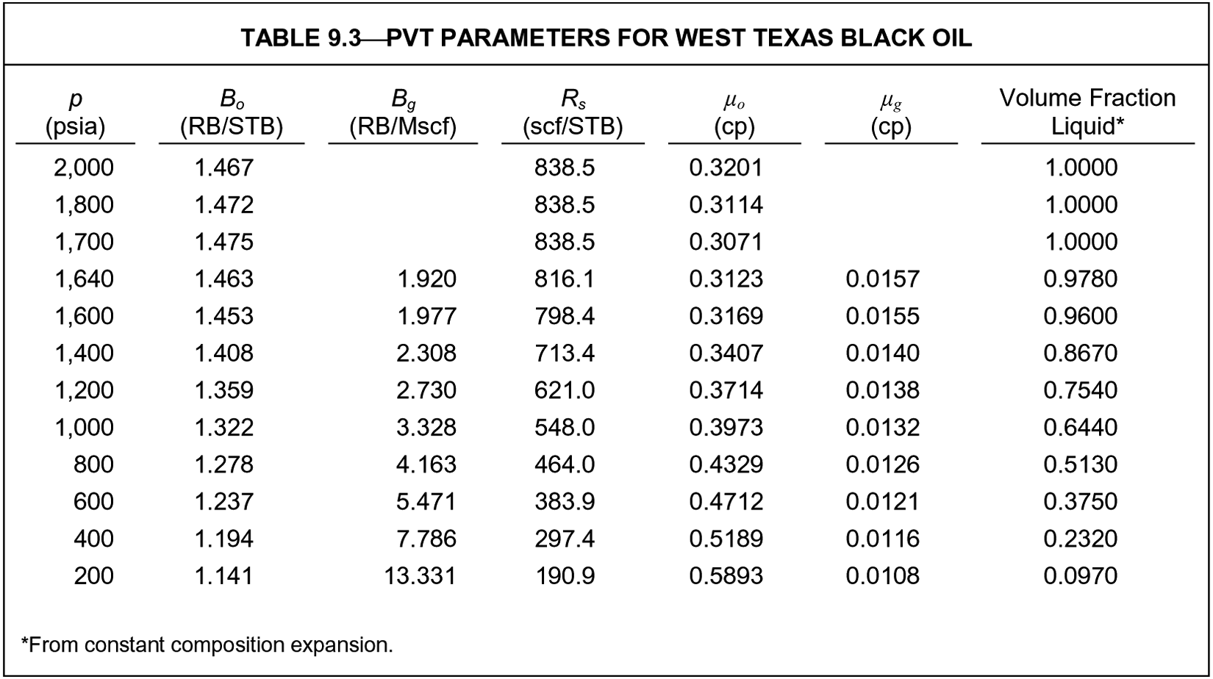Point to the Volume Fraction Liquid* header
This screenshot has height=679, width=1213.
[1087, 112]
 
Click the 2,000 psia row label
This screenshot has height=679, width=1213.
[84, 168]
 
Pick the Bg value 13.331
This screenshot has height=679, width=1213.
[420, 575]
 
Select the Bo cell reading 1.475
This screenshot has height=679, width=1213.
[224, 242]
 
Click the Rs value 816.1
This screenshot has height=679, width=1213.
[565, 279]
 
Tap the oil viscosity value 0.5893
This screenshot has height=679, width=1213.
[726, 575]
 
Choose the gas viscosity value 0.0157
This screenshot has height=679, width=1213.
[882, 279]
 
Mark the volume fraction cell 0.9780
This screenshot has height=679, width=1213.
[1080, 279]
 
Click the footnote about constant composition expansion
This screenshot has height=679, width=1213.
[207, 644]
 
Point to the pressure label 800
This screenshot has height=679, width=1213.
[93, 464]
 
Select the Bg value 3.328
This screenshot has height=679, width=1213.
[426, 427]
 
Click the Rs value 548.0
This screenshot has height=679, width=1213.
[565, 427]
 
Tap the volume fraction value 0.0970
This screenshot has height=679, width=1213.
[1080, 575]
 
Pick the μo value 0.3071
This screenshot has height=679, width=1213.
[726, 242]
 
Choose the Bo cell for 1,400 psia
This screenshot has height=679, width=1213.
[224, 353]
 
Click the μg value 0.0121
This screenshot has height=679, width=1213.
[882, 501]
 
